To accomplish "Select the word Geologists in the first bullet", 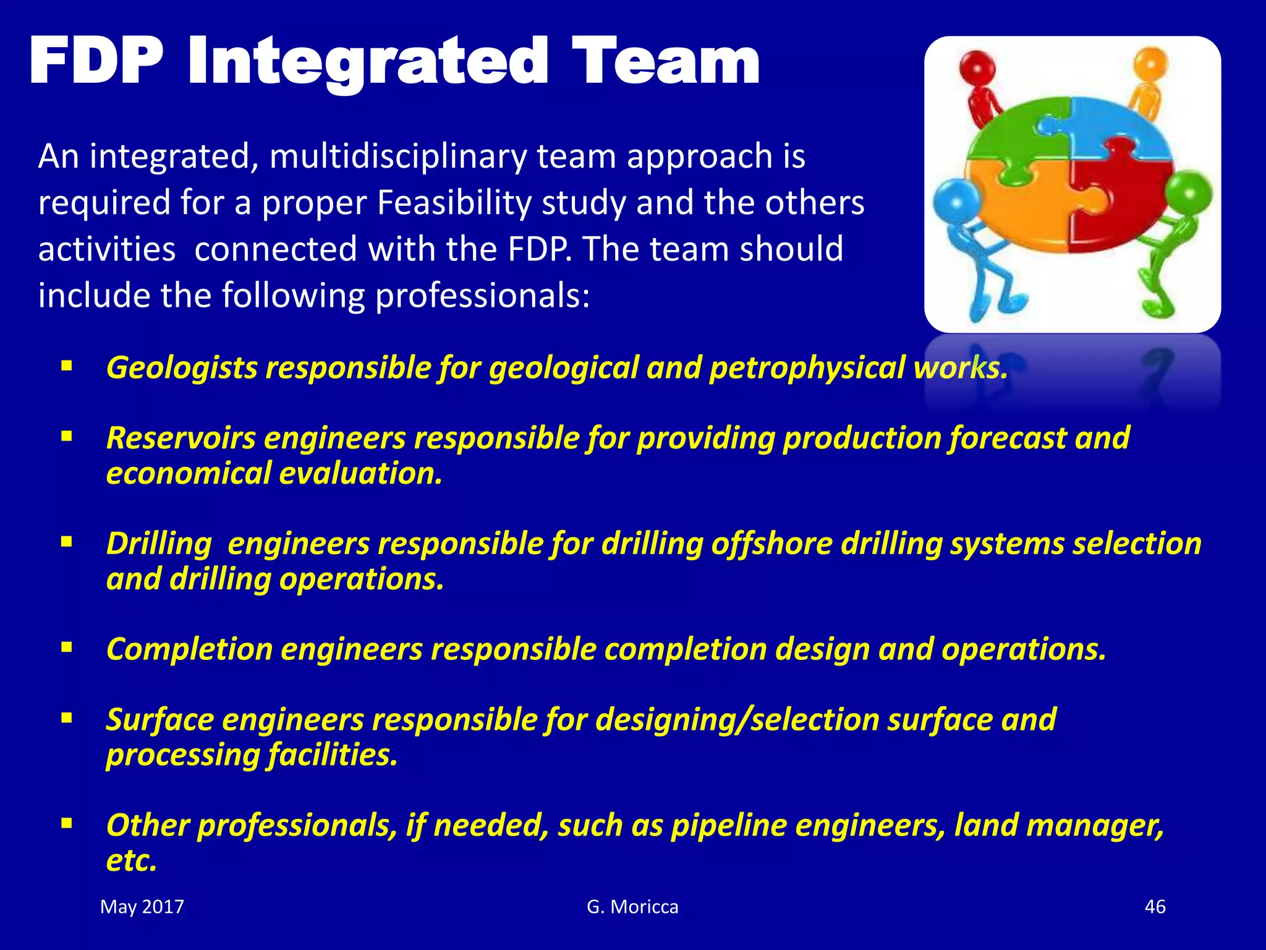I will pos(182,367).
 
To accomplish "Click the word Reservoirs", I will pos(181,438).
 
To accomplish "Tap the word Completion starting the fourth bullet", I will pos(189,649).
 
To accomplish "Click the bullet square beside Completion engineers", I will pos(67,648).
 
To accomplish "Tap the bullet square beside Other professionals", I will pos(67,824).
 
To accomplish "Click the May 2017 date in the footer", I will pos(142,907).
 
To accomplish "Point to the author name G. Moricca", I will pos(632,907).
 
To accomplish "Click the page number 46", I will pos(1155,907).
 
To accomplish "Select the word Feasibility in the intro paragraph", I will pos(454,202).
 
